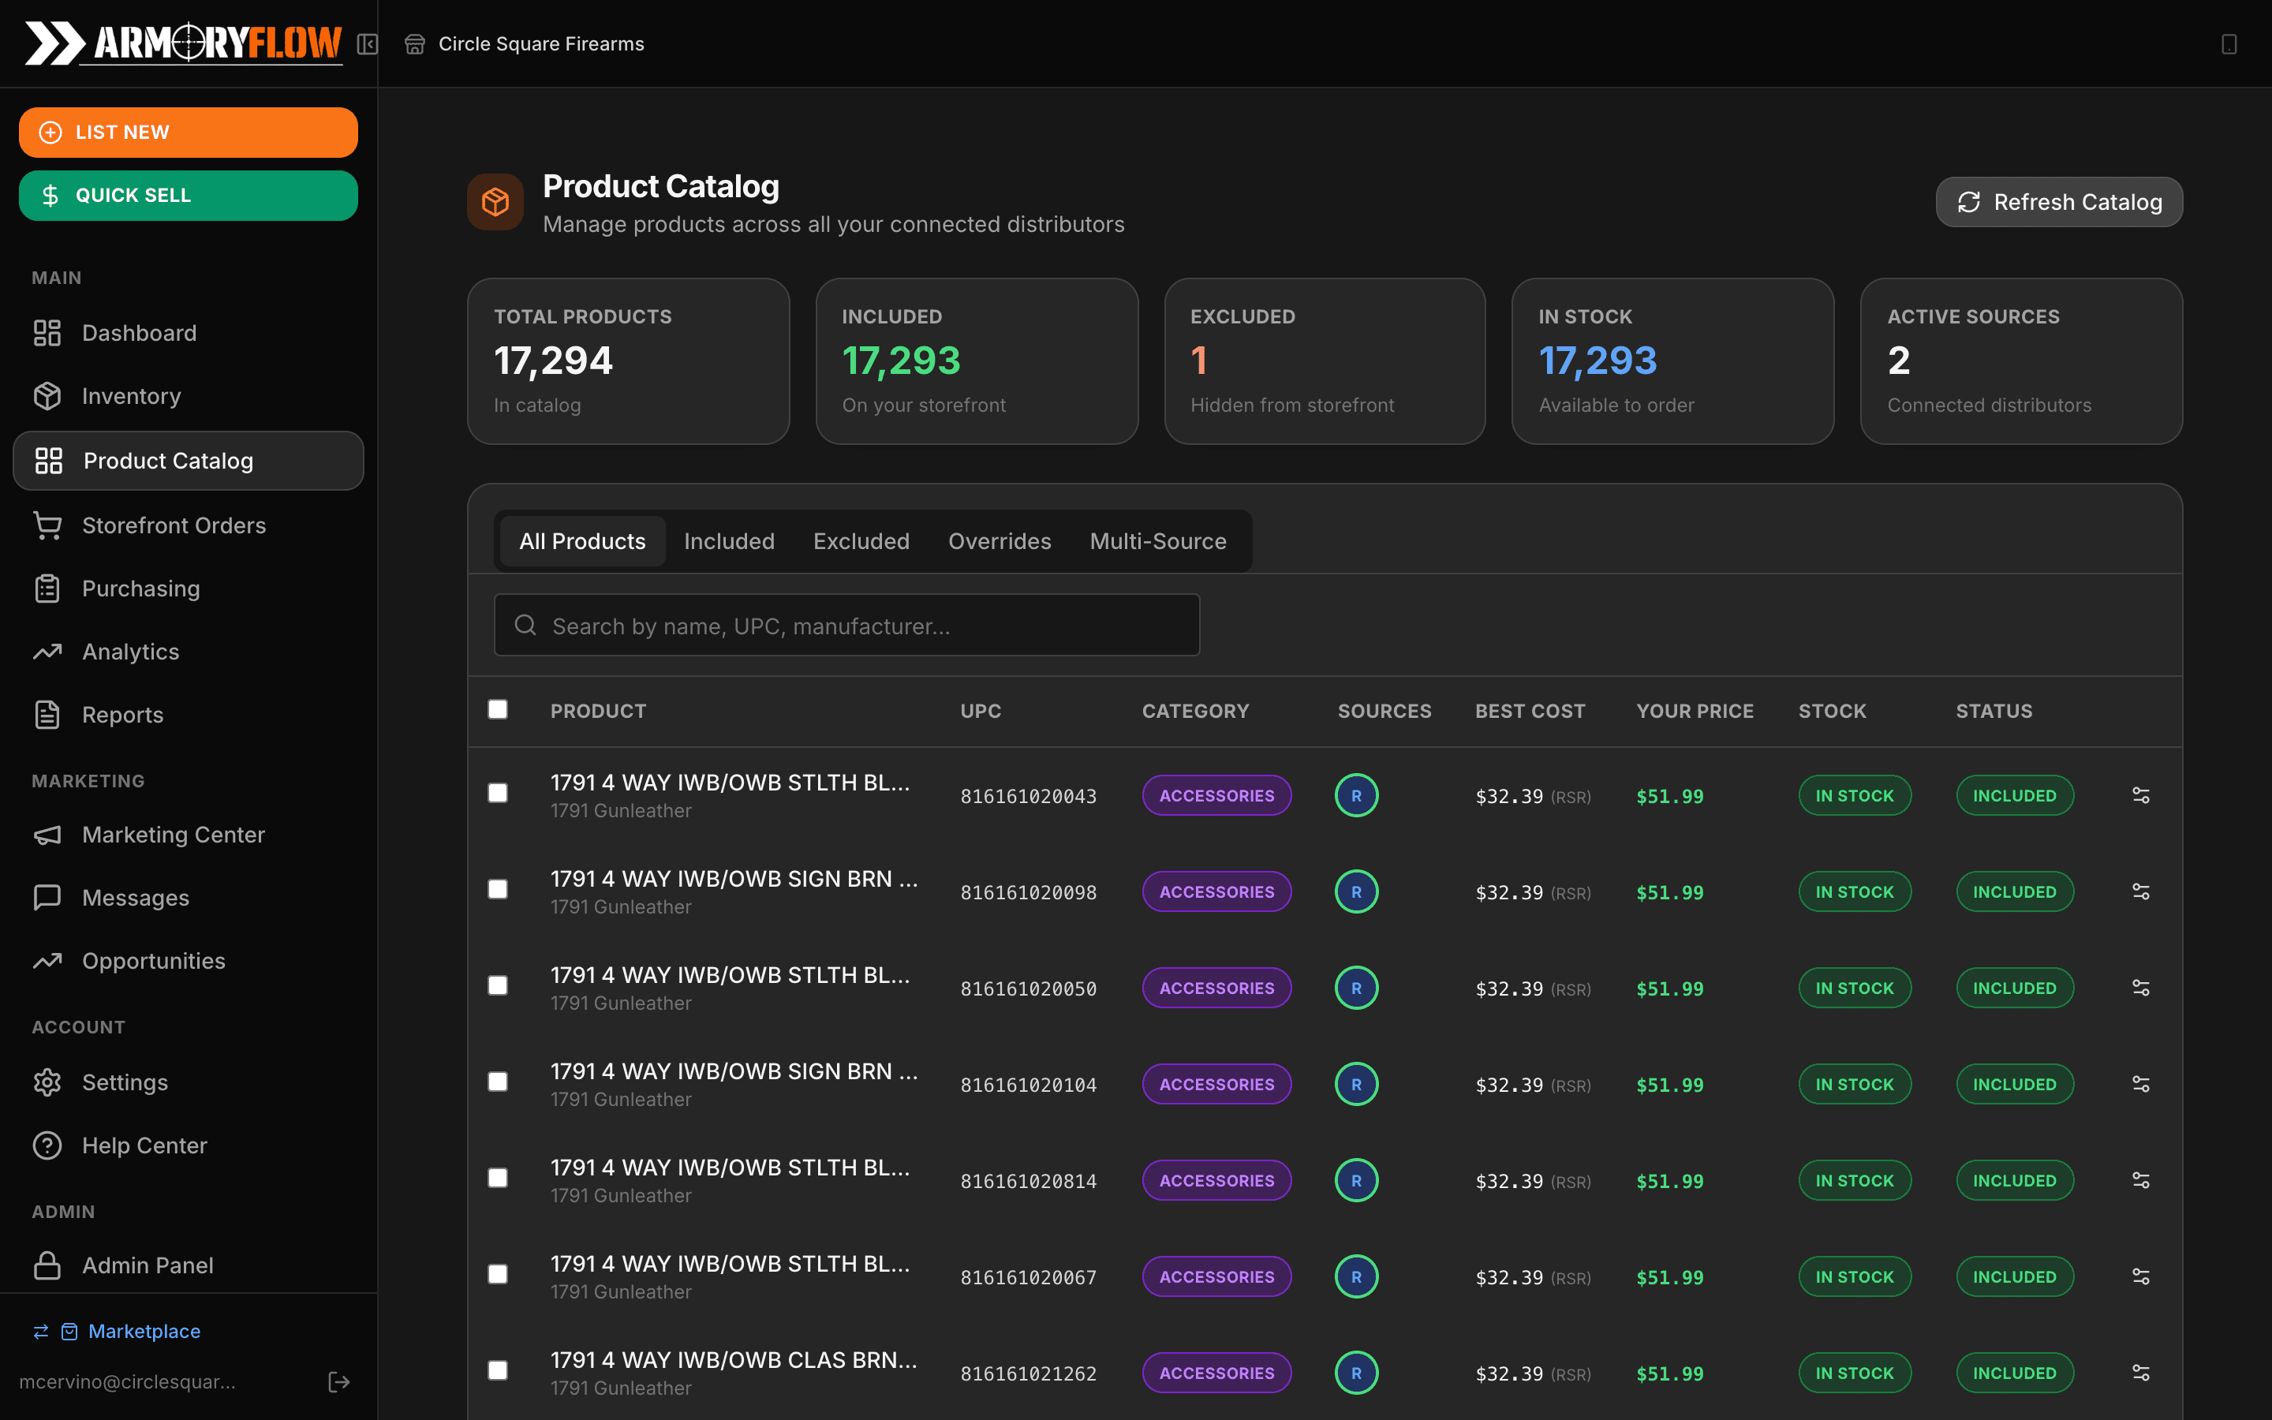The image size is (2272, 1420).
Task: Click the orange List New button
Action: coord(188,133)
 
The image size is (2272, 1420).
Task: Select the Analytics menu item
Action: coord(130,652)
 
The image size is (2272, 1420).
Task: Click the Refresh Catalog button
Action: coord(2058,202)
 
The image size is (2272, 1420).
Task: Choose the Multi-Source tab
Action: coord(1157,541)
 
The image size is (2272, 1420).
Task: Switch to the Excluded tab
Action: coord(861,541)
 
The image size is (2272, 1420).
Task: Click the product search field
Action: coord(846,626)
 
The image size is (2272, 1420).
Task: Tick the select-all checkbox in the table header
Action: coord(498,709)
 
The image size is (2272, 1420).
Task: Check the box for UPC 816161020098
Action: coord(498,889)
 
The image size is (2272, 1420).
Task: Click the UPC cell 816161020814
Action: coord(1028,1182)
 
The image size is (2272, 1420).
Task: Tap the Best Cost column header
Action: coord(1530,711)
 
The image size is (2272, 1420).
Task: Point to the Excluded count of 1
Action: coord(1199,361)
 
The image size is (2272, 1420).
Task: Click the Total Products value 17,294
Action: coord(553,361)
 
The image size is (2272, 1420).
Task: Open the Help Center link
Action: coord(144,1145)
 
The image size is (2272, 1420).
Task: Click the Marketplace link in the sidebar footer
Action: coord(144,1331)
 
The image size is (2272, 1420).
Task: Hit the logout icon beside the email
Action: coord(339,1381)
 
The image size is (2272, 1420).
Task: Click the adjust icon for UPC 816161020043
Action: coord(2140,795)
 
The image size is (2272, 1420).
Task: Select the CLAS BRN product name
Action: coord(733,1360)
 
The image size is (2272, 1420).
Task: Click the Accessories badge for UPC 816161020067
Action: coord(1216,1277)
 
